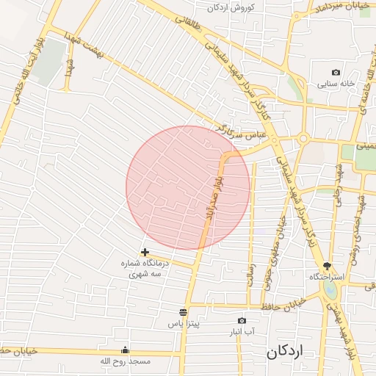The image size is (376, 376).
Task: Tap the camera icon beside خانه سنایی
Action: tap(336, 73)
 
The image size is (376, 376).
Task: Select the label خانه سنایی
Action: tap(336, 84)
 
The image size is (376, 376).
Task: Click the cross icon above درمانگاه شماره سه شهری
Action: tap(145, 253)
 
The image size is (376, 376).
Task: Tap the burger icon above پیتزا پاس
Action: tap(183, 312)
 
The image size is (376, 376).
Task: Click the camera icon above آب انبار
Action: tap(242, 321)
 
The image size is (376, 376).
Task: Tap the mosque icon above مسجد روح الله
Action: tap(125, 350)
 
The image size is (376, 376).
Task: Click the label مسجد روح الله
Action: tap(125, 361)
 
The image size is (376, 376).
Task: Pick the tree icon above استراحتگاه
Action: tap(327, 267)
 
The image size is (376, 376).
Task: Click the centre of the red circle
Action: tap(188, 187)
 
